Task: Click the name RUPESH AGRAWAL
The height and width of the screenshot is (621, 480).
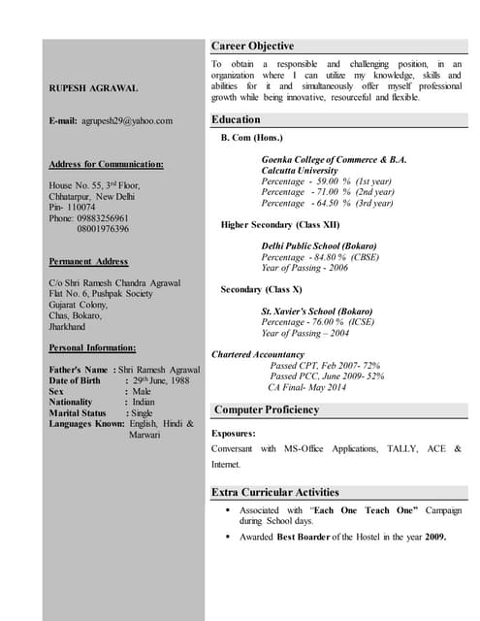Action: click(93, 88)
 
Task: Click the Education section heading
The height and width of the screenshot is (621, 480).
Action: click(236, 119)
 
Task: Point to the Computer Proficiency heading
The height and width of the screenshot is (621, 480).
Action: click(267, 409)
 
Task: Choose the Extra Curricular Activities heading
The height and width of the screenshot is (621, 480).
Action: click(276, 492)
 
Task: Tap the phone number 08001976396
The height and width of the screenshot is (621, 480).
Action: click(103, 229)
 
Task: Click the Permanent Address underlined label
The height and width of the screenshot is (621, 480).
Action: click(88, 261)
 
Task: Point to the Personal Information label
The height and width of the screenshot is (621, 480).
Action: click(92, 346)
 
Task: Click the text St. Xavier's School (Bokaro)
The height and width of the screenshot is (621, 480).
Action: click(317, 310)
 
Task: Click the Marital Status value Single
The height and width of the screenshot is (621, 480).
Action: click(143, 412)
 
